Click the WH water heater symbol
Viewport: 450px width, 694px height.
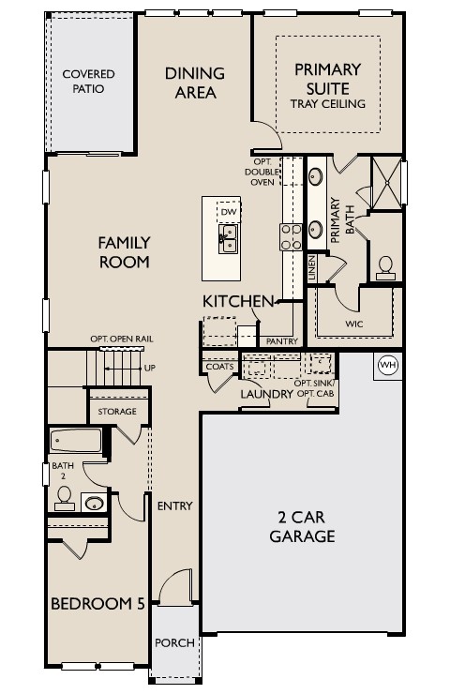click(x=387, y=365)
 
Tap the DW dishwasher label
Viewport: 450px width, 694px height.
click(x=226, y=212)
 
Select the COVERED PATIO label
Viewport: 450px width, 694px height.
click(x=88, y=82)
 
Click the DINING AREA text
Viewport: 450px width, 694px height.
click(x=195, y=83)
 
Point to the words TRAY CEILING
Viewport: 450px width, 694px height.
click(x=327, y=103)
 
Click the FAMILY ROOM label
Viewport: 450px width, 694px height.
click(x=124, y=252)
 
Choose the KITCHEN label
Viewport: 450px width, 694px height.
click(x=238, y=301)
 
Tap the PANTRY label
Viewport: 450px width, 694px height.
click(x=281, y=341)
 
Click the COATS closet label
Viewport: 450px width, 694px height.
click(x=219, y=367)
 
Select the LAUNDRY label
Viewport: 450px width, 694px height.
click(x=266, y=395)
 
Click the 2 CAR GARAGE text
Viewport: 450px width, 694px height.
click(x=302, y=527)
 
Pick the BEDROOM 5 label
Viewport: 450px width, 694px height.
click(x=97, y=603)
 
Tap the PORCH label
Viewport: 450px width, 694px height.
click(x=174, y=643)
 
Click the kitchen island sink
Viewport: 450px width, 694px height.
click(x=227, y=239)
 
